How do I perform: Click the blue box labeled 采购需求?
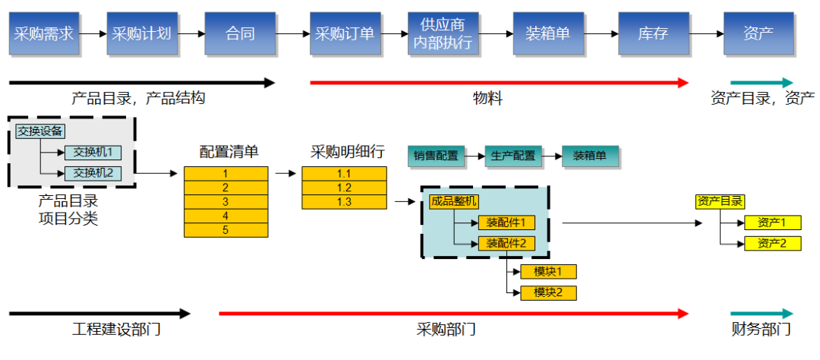[45, 33]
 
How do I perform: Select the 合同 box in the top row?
[240, 33]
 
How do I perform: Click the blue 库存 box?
[653, 33]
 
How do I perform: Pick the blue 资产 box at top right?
[758, 33]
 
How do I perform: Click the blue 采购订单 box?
[345, 33]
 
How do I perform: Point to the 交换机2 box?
[93, 173]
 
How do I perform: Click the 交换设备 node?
[40, 131]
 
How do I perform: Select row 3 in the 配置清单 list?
[225, 202]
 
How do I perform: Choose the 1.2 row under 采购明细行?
[343, 188]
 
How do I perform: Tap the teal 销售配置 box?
[436, 156]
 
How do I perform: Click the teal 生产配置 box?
[513, 156]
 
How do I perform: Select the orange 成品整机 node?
[453, 201]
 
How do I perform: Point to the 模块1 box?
[548, 271]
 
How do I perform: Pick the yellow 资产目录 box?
[720, 201]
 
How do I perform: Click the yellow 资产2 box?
[771, 244]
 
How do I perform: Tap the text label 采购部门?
[446, 330]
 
